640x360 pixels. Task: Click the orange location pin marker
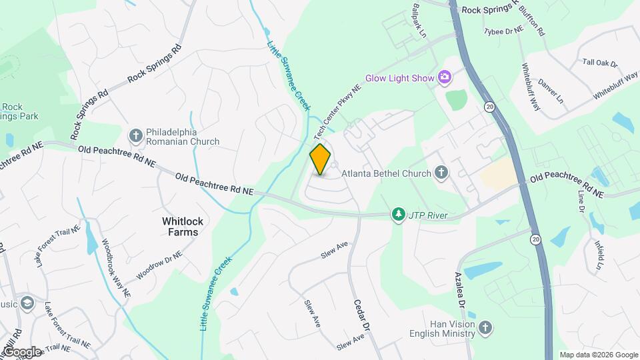tap(321, 159)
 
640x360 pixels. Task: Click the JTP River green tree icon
tap(399, 215)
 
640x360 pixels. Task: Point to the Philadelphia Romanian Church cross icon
tap(135, 137)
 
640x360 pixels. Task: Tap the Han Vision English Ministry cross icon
tap(485, 327)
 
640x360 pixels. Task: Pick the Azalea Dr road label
tap(461, 289)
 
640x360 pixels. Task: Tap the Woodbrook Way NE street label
tap(115, 267)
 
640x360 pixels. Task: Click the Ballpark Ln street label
tap(419, 20)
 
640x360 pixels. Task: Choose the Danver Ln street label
tap(551, 92)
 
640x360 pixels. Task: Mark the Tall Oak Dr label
tap(600, 62)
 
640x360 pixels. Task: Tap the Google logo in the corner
tap(21, 351)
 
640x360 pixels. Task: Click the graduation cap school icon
tap(27, 303)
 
